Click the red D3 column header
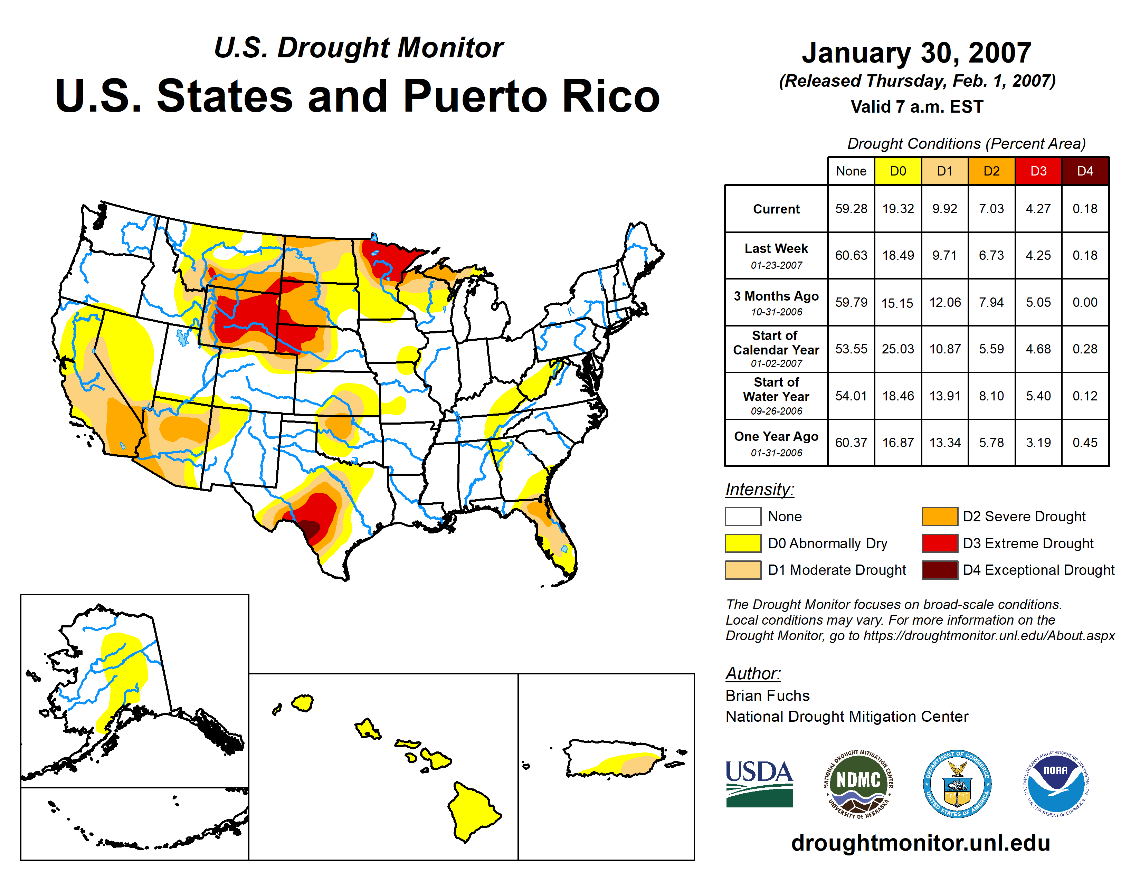1038,171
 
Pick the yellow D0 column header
898,171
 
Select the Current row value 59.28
851,209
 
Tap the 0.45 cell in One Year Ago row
1085,443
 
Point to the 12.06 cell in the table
945,302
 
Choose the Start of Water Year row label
776,396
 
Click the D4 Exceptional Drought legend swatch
940,570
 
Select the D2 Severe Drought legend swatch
940,516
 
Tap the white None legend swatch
743,516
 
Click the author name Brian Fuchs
767,696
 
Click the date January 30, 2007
916,53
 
